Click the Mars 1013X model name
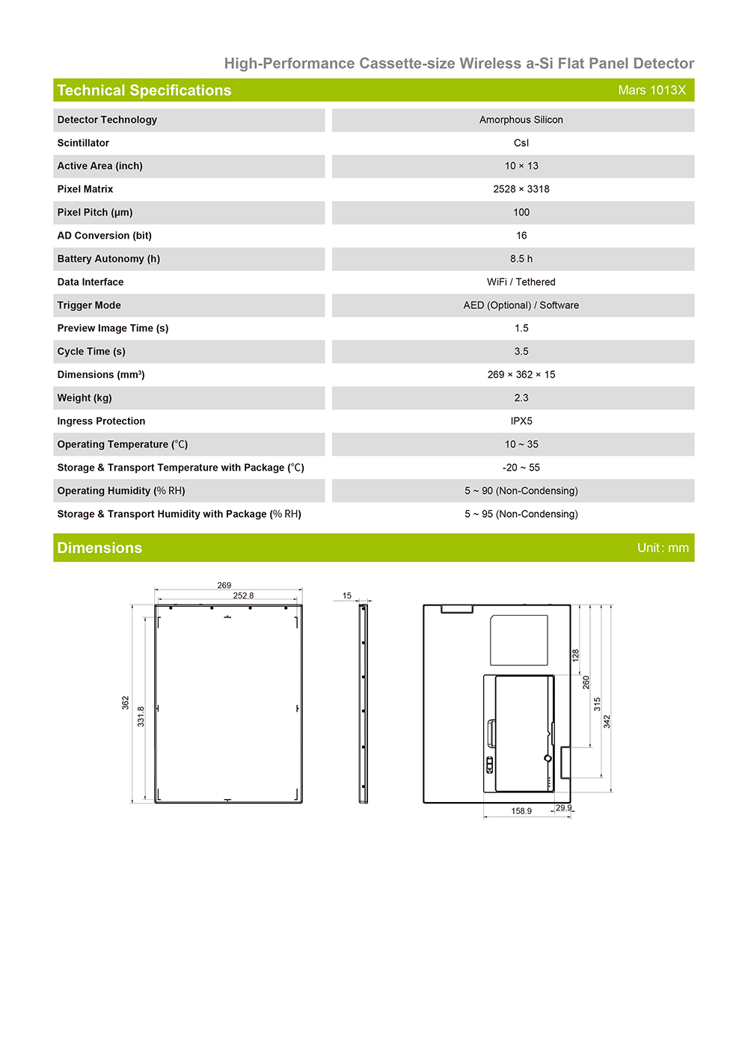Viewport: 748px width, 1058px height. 652,91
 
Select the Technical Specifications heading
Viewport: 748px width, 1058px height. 144,91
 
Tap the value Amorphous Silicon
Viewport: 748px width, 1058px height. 521,120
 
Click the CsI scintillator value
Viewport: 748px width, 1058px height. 521,143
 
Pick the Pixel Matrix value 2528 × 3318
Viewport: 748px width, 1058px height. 521,189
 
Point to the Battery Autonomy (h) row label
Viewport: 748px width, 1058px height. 108,259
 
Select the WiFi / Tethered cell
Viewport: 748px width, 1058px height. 521,282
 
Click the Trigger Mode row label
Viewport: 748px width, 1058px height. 89,305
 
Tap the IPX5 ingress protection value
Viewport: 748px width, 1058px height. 521,421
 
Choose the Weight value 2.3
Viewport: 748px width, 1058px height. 521,398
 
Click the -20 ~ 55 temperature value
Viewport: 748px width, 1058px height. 521,468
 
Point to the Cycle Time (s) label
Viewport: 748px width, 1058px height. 91,352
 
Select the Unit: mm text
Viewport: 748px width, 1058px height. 663,548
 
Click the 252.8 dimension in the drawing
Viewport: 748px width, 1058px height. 243,596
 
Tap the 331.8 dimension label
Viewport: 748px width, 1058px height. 141,716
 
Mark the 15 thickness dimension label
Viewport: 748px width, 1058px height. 347,596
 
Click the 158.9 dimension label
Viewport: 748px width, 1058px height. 521,811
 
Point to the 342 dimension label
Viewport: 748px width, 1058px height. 607,721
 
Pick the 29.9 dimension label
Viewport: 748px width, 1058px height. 563,808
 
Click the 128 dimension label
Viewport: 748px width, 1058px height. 575,655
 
